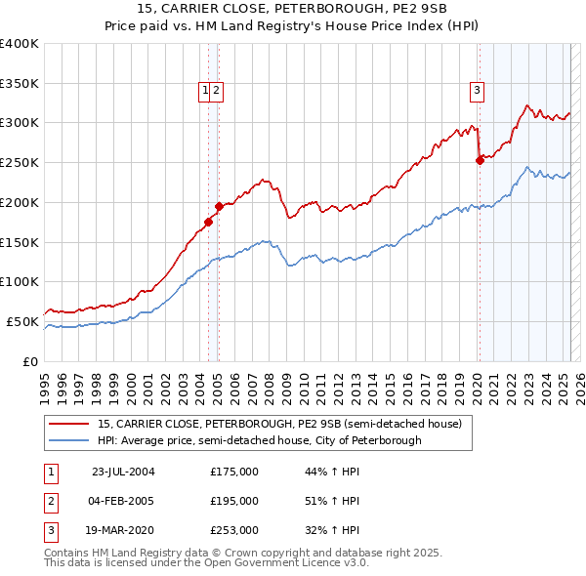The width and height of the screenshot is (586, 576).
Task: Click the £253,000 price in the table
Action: click(x=234, y=532)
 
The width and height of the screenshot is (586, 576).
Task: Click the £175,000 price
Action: click(x=234, y=472)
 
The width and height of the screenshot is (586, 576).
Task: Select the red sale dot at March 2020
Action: click(x=480, y=161)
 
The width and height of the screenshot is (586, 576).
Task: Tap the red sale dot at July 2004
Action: click(x=209, y=223)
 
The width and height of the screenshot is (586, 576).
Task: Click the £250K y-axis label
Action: click(x=20, y=162)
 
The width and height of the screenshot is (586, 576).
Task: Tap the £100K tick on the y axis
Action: click(x=20, y=281)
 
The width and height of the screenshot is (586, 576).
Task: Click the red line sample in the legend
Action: click(x=69, y=424)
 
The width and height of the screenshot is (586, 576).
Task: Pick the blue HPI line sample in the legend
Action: click(x=69, y=440)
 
